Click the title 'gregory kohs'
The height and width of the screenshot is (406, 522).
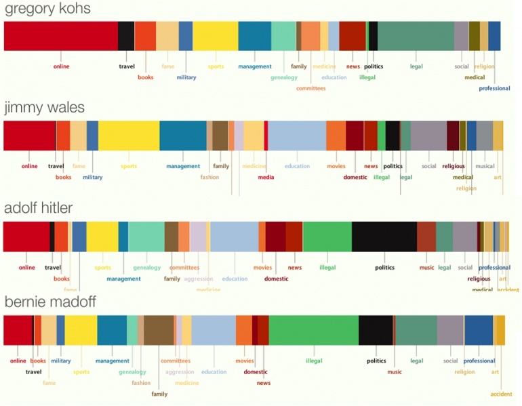(47, 9)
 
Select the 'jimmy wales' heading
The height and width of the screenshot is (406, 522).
(45, 108)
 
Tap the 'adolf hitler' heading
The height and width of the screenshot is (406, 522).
(39, 208)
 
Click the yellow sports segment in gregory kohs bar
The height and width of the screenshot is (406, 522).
(216, 36)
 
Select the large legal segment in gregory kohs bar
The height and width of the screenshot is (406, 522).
(416, 36)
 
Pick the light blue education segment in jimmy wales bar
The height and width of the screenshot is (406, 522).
(297, 136)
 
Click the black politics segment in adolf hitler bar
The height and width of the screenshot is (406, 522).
(384, 237)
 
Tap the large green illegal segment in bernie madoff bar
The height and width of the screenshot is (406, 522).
(313, 330)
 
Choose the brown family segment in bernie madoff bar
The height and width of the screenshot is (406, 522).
(159, 330)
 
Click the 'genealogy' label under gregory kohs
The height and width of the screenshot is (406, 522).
(284, 77)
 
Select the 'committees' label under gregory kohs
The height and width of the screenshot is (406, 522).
(310, 88)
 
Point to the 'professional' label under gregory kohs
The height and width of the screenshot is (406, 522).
(494, 88)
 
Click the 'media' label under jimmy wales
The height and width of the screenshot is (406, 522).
(266, 178)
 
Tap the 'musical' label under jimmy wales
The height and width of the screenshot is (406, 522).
(485, 166)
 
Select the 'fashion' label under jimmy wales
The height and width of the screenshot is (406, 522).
(209, 178)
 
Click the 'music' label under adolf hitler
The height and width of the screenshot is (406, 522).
(426, 268)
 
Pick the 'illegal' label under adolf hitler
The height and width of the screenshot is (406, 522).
(327, 268)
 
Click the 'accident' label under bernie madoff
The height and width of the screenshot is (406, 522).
(501, 394)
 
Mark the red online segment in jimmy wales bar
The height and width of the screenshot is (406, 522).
(30, 136)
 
